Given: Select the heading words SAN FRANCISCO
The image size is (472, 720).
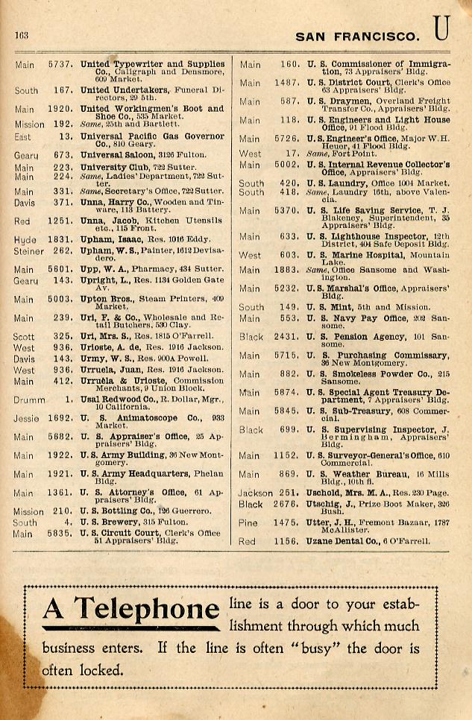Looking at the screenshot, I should point(357,36).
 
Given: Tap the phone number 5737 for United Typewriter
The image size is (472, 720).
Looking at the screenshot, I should point(60,65).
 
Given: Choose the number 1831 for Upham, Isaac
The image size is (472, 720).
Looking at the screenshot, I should point(60,239).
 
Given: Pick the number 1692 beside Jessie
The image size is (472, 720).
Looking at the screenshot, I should point(60,419).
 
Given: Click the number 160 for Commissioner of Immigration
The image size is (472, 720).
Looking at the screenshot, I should point(289,65).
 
